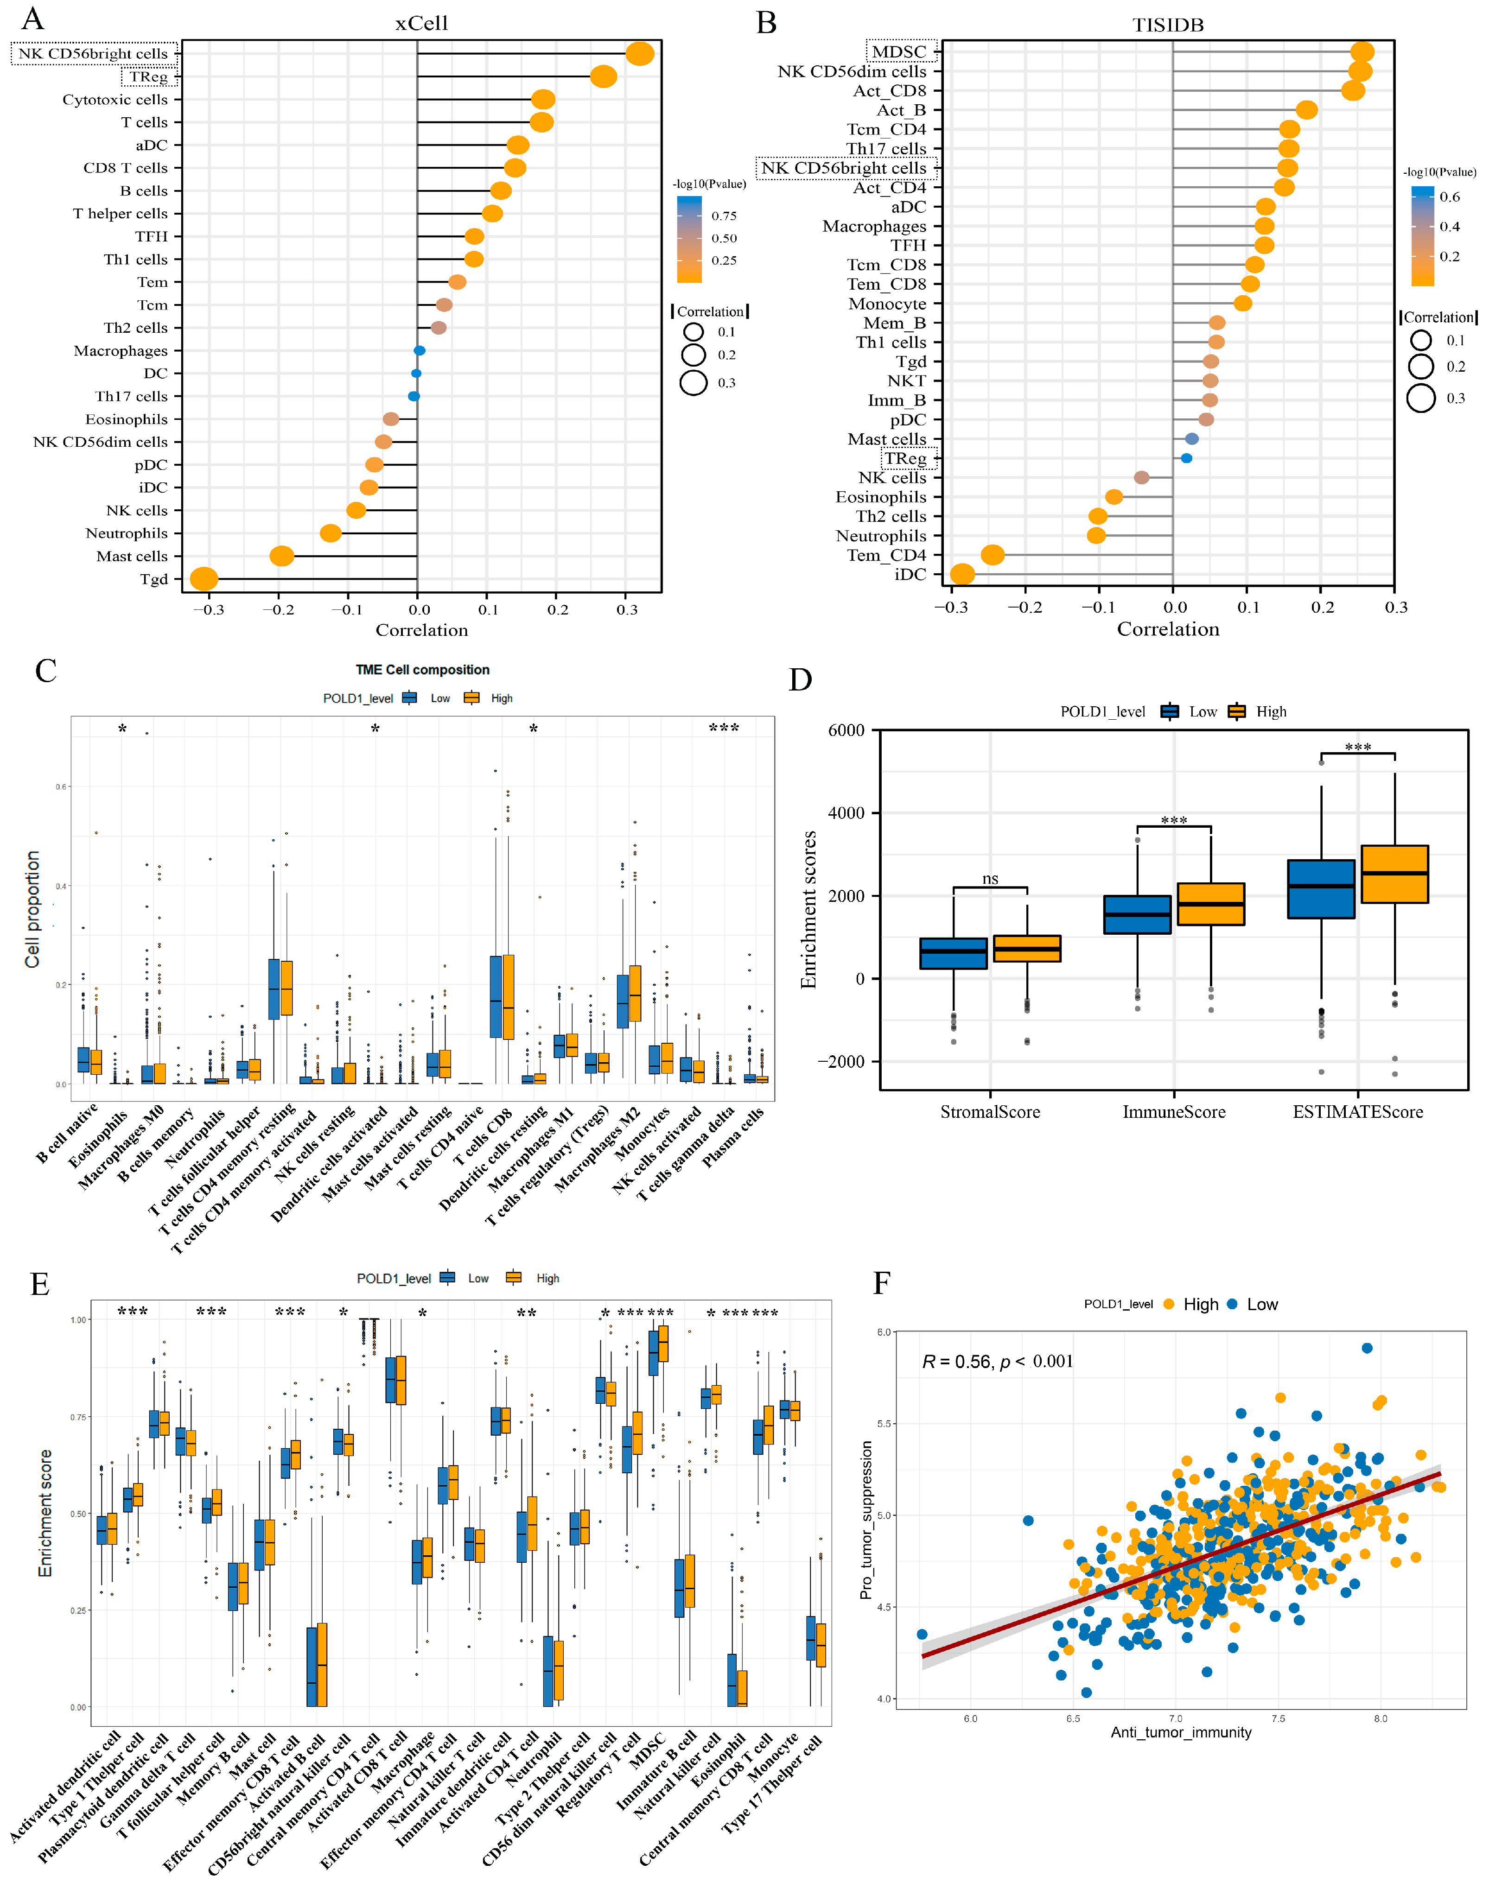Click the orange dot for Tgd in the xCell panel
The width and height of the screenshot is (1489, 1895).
point(203,579)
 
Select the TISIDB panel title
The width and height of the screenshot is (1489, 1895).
point(1168,25)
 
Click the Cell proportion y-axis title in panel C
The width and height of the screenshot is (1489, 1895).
point(33,909)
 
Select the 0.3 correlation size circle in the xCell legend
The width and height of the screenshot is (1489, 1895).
point(694,383)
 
